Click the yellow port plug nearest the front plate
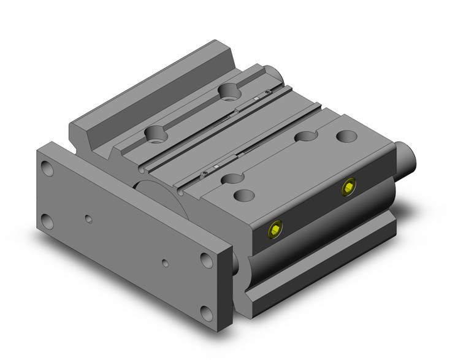click(x=274, y=231)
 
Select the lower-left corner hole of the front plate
click(x=48, y=220)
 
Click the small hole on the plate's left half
click(x=90, y=218)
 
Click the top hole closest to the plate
click(x=244, y=196)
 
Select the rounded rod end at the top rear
click(x=274, y=72)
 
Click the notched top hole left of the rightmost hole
click(x=305, y=136)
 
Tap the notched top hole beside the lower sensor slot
click(x=231, y=179)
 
